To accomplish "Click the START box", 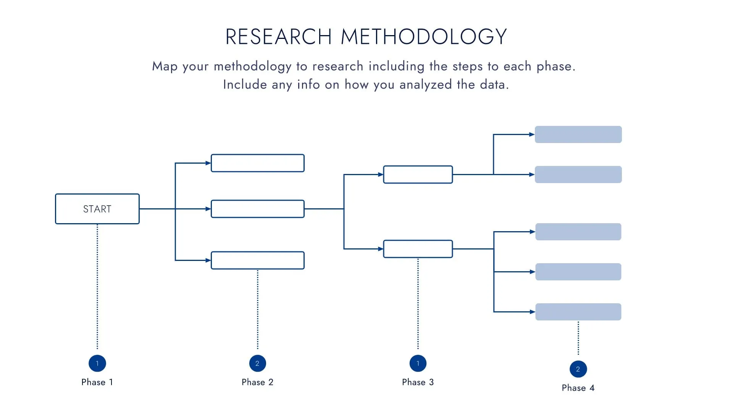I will point(97,209).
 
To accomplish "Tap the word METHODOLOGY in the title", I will point(424,37).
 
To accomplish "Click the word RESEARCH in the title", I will point(278,37).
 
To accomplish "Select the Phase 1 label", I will point(97,382).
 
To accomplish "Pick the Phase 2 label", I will point(257,382).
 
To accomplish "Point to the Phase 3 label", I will point(418,382).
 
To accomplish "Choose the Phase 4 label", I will point(578,388).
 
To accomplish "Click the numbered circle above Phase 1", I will point(97,363).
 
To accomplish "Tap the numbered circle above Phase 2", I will point(257,363).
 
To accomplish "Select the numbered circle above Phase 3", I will point(418,363).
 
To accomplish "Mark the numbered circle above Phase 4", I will point(578,369).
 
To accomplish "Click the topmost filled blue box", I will point(578,134).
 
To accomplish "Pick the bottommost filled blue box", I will point(578,312).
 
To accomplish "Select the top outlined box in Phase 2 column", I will point(258,163).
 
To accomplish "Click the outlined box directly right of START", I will point(258,209).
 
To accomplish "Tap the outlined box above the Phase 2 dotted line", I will point(258,260).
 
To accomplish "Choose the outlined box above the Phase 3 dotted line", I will point(418,249).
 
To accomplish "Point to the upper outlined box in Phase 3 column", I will point(418,174).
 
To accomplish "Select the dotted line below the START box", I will point(97,286).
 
